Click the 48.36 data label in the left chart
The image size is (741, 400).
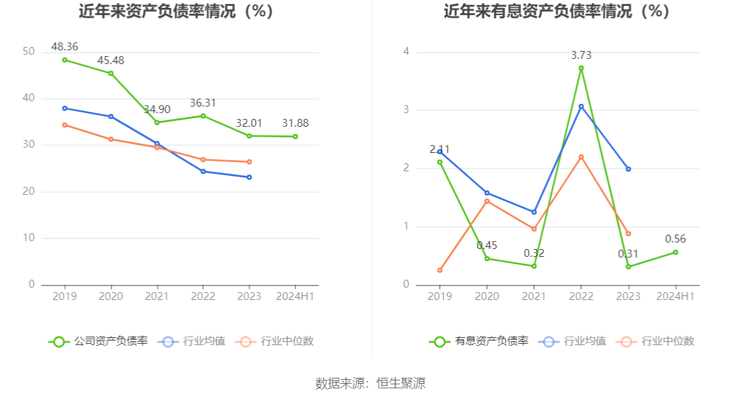tap(65, 47)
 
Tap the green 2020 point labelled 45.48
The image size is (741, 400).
tap(111, 73)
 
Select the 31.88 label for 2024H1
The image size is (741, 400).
tap(295, 124)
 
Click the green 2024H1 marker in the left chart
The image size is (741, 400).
tap(295, 137)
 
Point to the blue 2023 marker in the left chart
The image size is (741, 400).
tap(250, 177)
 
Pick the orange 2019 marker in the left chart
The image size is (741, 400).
tap(65, 125)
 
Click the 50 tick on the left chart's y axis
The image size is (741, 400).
tap(29, 52)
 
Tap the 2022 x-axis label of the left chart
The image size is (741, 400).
tap(203, 297)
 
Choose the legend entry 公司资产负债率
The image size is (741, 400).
tap(98, 341)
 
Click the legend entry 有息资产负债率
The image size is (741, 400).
tap(479, 341)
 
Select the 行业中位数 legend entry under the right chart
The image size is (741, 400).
tap(655, 341)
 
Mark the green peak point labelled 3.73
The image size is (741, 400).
tap(582, 68)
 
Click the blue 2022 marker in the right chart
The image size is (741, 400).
tap(582, 107)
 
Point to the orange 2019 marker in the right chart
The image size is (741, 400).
tap(440, 271)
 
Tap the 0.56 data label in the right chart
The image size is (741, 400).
tap(675, 239)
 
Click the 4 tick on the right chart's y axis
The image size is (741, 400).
tap(406, 52)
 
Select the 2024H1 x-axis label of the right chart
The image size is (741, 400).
tap(675, 297)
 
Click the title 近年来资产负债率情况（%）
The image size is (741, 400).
tap(176, 11)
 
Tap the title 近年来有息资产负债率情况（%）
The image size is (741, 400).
tap(557, 11)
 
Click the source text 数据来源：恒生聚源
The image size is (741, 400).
tap(370, 383)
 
